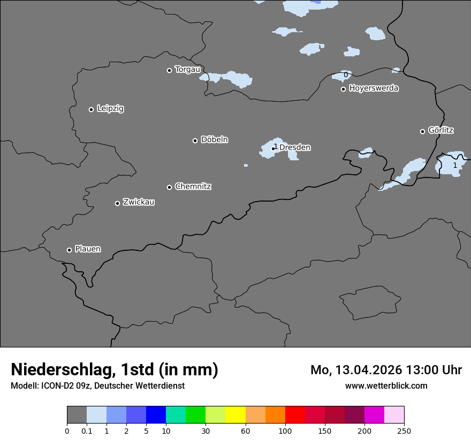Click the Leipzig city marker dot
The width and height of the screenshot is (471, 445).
[x=91, y=109]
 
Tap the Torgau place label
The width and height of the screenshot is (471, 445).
[x=187, y=69]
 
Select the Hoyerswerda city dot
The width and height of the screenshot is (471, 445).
[x=343, y=89]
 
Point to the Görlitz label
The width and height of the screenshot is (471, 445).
[x=441, y=130]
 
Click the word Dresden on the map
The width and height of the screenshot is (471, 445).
[x=295, y=147]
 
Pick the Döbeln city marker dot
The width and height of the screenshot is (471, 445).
[x=195, y=140]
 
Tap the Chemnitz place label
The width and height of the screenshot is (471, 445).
[x=193, y=187]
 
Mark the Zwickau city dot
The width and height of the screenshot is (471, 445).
[x=117, y=203]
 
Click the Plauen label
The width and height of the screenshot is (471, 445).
[x=88, y=249]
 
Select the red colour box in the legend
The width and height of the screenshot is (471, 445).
[x=295, y=415]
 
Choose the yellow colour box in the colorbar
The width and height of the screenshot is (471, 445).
[x=236, y=415]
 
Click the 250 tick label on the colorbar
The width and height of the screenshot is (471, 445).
[x=404, y=431]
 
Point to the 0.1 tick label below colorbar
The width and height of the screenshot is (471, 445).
[x=87, y=431]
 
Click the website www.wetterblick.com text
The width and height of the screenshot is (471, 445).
[x=386, y=385]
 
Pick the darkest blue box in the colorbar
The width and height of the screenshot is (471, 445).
[x=156, y=415]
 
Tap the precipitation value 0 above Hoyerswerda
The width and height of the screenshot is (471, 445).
[x=346, y=75]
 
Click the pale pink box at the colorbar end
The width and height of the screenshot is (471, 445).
[x=394, y=415]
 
